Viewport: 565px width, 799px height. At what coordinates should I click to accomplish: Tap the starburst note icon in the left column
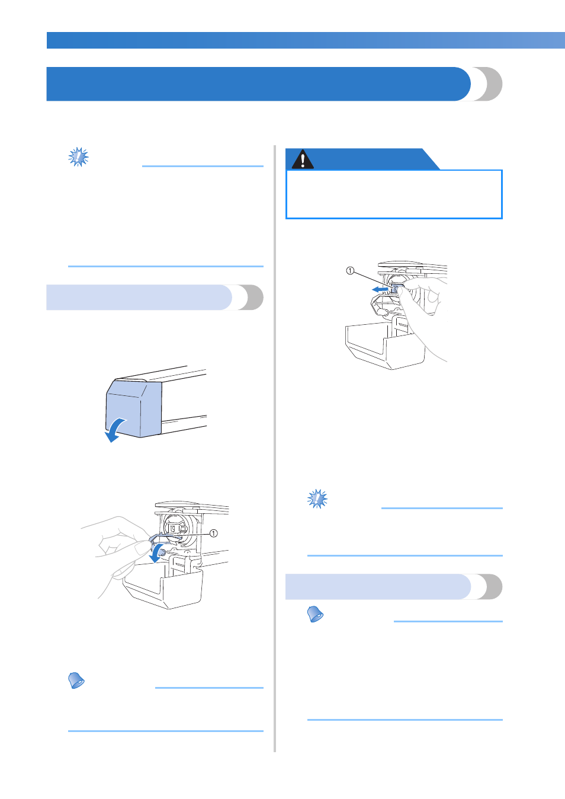pos(78,157)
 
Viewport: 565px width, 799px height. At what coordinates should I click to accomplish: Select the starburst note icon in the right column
pos(317,498)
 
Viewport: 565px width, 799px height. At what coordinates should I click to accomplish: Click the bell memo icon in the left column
pos(76,680)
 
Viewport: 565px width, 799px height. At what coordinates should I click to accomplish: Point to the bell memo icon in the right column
pos(315,614)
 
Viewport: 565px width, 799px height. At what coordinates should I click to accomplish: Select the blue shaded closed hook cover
pos(134,409)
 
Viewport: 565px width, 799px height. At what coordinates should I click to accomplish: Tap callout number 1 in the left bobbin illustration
pos(213,533)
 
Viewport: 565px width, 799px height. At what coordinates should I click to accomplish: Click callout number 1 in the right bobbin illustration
pos(350,271)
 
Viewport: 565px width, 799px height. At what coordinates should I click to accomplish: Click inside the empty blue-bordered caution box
pos(394,194)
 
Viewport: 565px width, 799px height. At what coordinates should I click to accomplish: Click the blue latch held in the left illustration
pos(161,539)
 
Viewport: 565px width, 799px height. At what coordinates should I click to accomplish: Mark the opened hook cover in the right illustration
pos(385,346)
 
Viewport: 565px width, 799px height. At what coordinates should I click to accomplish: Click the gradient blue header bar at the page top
pos(306,40)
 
